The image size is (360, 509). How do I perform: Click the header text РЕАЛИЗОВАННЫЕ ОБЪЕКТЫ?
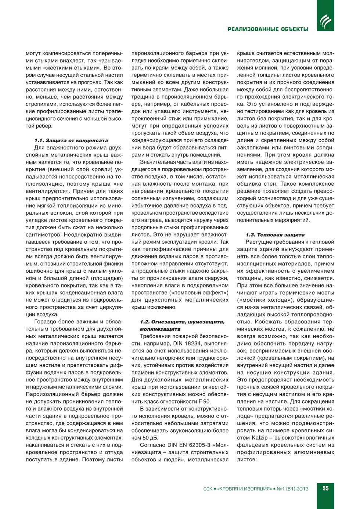(268, 29)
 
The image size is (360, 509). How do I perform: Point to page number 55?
(325, 488)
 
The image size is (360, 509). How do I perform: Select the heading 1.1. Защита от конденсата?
(71, 140)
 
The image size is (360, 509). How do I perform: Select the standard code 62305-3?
(198, 445)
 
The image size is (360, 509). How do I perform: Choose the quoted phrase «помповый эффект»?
(199, 293)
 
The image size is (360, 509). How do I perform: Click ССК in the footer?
(208, 489)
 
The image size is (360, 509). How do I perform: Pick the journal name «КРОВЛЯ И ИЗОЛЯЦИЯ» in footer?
(244, 489)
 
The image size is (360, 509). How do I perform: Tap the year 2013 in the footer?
(302, 489)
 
